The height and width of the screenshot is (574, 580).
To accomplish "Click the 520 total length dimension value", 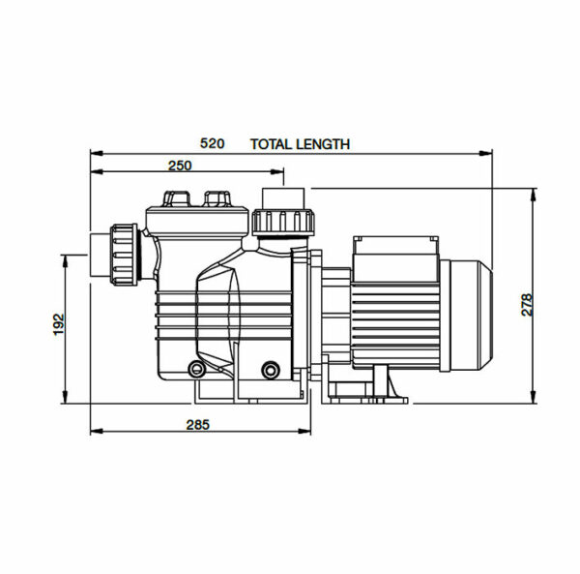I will click(x=212, y=143).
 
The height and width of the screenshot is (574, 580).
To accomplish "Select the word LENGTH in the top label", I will click(x=324, y=143).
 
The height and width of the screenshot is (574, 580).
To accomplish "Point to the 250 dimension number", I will click(x=180, y=166).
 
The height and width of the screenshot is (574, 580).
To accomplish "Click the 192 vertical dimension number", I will click(x=57, y=323).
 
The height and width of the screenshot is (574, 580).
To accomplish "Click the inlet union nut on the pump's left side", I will click(x=125, y=254).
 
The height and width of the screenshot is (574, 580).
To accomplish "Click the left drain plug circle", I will click(x=198, y=370).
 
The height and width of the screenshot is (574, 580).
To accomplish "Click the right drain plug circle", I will click(x=271, y=369).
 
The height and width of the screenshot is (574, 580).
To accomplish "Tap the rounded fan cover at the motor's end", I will click(x=474, y=317).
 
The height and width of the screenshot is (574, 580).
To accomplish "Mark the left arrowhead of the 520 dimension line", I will click(x=94, y=153).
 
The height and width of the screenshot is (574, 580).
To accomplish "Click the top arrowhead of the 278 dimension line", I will click(x=534, y=193).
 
